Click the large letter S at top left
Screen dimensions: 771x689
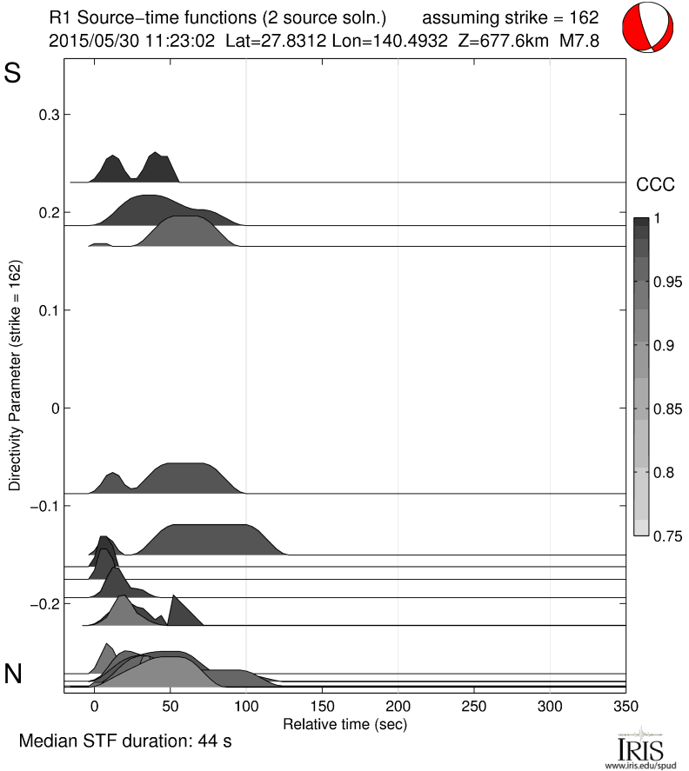click(x=12, y=73)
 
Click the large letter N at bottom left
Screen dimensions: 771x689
click(x=13, y=674)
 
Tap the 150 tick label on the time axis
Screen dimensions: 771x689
click(x=323, y=708)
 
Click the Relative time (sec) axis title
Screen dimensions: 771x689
click(x=345, y=723)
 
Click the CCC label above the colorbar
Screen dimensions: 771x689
click(x=655, y=184)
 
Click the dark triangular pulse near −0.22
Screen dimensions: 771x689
click(x=182, y=612)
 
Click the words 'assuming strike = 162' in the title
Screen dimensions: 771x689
click(x=511, y=17)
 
